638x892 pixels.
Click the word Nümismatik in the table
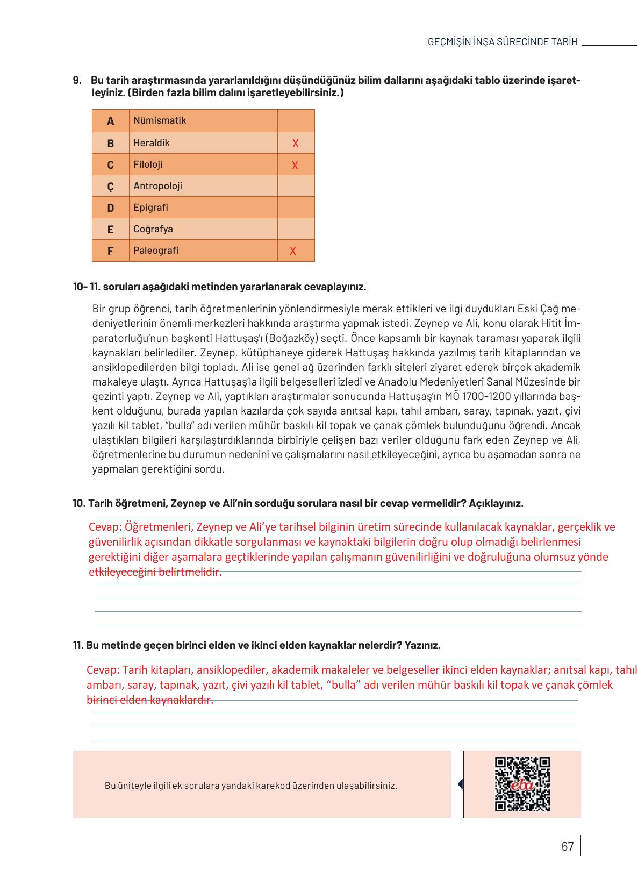point(160,120)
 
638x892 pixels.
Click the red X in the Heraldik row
point(295,144)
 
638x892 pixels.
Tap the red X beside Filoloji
point(295,166)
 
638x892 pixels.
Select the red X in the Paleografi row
point(292,251)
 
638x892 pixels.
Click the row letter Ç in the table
point(110,187)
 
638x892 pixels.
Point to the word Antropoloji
point(157,186)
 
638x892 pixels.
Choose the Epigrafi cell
point(150,208)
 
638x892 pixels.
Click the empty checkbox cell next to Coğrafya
point(296,229)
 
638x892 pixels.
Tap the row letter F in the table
point(110,251)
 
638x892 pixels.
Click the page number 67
point(567,846)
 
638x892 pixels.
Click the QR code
point(522,784)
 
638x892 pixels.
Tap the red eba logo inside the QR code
point(522,785)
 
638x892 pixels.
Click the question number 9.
point(77,81)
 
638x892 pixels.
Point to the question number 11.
point(78,645)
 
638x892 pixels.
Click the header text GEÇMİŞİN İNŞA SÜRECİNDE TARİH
point(502,42)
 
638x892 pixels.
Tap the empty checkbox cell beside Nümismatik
point(296,120)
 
